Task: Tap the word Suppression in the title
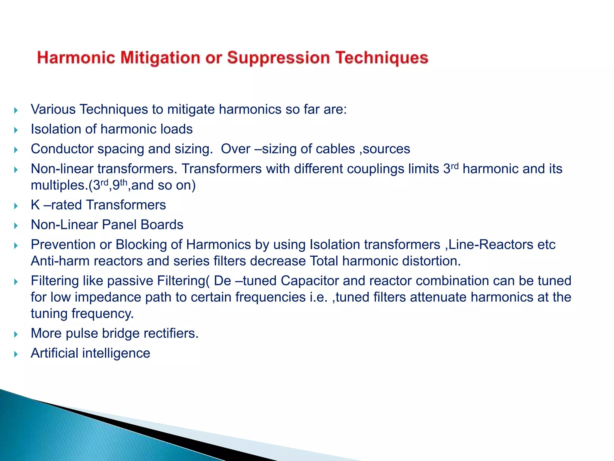[278, 58]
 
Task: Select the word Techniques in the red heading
[382, 58]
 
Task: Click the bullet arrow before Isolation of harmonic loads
[16, 130]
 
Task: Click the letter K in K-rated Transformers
[35, 205]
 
